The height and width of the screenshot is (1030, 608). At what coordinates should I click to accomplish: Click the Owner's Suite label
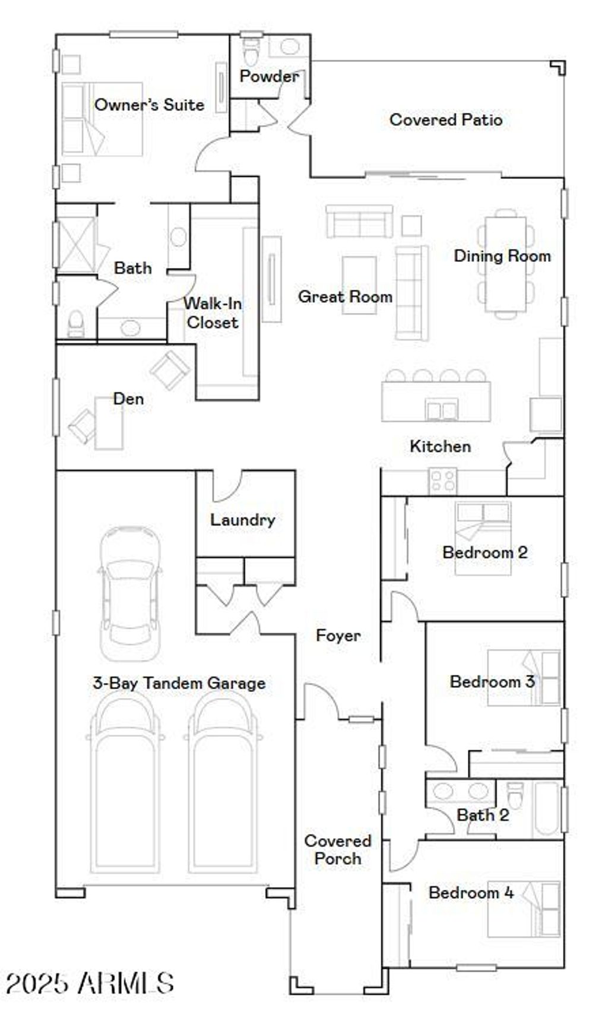pos(149,105)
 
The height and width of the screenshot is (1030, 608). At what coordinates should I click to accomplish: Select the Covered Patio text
pos(445,119)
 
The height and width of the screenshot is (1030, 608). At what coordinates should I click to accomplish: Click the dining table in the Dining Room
pos(505,264)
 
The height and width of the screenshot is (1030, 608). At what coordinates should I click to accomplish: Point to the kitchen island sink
pos(441,410)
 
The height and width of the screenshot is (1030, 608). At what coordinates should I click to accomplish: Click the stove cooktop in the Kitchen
pos(442,481)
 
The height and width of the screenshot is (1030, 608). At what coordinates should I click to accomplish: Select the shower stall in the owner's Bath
pos(76,245)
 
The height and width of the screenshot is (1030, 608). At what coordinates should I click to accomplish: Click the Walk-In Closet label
pos(212,313)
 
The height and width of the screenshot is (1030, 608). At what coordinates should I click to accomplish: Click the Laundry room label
pos(242,520)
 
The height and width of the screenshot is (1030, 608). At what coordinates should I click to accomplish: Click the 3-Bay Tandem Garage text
pos(179,683)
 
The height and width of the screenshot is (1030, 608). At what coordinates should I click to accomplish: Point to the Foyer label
pos(338,636)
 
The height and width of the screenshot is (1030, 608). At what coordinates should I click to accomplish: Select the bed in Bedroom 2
pos(483,538)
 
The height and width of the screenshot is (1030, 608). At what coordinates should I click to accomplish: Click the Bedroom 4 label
pos(471,892)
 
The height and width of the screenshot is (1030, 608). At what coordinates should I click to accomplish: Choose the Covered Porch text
pos(337,849)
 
